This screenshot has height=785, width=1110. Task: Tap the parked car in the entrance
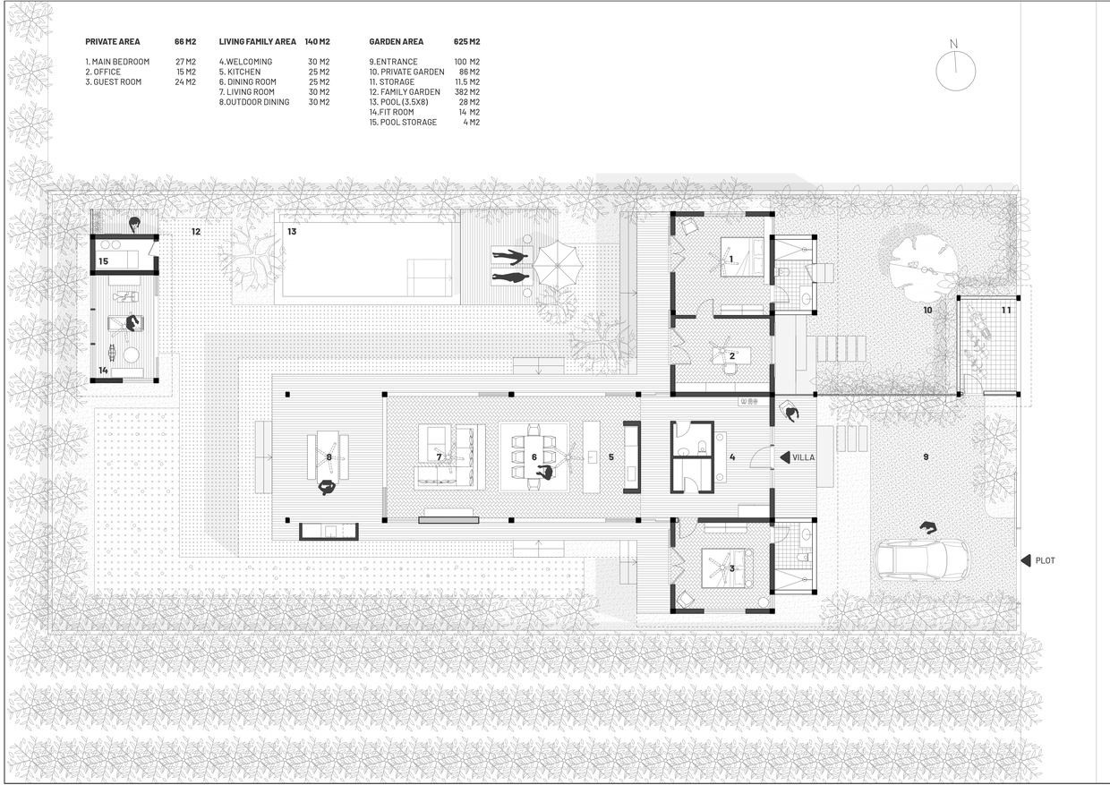tap(922, 560)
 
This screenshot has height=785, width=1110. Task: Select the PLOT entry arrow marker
tap(1025, 560)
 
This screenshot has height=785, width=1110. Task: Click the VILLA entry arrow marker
tap(785, 457)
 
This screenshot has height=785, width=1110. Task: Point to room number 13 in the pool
tap(292, 232)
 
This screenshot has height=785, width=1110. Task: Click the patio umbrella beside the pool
tap(558, 265)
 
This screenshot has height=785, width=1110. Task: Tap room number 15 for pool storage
tap(103, 261)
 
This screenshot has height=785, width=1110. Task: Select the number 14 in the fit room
tap(103, 371)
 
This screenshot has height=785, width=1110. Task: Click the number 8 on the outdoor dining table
tap(329, 456)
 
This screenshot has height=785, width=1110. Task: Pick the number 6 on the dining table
tap(534, 456)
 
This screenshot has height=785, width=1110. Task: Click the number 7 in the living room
tap(439, 456)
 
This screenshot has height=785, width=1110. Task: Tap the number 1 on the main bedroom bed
tap(731, 259)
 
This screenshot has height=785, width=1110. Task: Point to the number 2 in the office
tap(732, 356)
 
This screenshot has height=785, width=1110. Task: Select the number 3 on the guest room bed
tap(732, 568)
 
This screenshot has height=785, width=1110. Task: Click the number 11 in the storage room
tap(1006, 311)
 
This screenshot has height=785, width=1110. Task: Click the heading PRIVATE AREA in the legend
tap(113, 42)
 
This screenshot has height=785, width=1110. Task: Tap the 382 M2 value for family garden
tap(466, 91)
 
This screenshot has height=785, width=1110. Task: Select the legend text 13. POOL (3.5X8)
tap(398, 102)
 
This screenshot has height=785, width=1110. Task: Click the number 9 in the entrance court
tap(926, 456)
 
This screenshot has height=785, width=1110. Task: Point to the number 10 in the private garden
tap(927, 311)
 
